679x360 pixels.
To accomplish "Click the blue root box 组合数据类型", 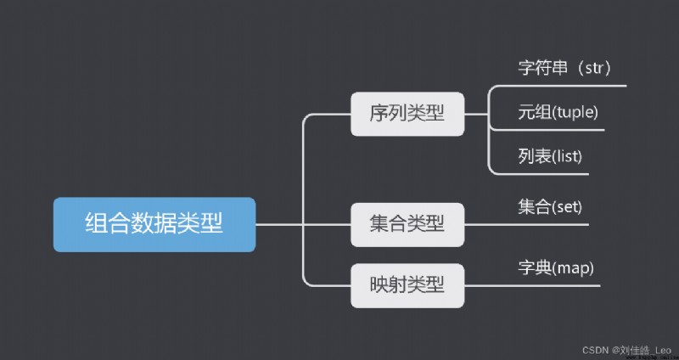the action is tap(154, 224).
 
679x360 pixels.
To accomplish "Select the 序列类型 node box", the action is tap(407, 114).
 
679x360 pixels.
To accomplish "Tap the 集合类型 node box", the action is tap(407, 224).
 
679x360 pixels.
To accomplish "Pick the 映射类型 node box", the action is tap(407, 285).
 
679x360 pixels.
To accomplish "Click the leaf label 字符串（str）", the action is tap(564, 69).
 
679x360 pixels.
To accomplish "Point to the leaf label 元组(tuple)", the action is tap(558, 113).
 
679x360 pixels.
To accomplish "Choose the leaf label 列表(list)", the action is tap(550, 156).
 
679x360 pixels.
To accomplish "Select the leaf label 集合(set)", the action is tap(550, 207).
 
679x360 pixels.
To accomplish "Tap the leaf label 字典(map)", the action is tap(556, 268).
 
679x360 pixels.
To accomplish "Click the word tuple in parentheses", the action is tap(574, 113).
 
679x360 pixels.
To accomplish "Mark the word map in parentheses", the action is tap(572, 270).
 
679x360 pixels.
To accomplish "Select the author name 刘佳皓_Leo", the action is tap(646, 350).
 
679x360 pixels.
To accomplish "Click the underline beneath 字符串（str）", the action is tap(558, 86).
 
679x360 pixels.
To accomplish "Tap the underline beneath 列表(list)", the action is tap(540, 174).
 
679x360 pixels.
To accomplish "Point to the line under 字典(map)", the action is tap(532, 285).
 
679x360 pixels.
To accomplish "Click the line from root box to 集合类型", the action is tap(303, 224).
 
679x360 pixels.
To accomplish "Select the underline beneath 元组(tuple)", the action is tap(547, 130).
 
